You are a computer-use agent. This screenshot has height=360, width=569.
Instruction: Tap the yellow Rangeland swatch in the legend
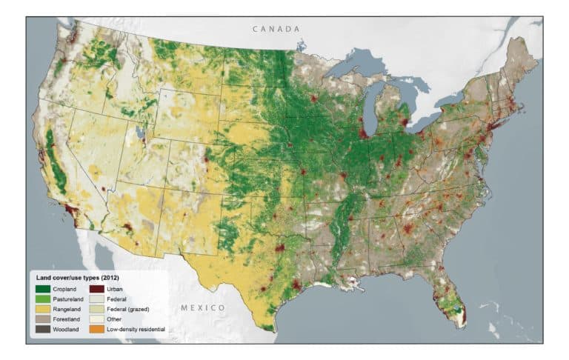coord(41,308)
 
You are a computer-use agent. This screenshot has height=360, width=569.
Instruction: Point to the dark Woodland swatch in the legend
coord(41,329)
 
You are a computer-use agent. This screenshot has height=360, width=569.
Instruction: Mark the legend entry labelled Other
coord(113,319)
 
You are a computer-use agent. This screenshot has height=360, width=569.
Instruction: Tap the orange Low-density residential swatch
coord(96,329)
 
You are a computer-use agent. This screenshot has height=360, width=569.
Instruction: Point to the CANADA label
coord(276,29)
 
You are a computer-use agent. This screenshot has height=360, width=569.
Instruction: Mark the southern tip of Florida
coord(463,321)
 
